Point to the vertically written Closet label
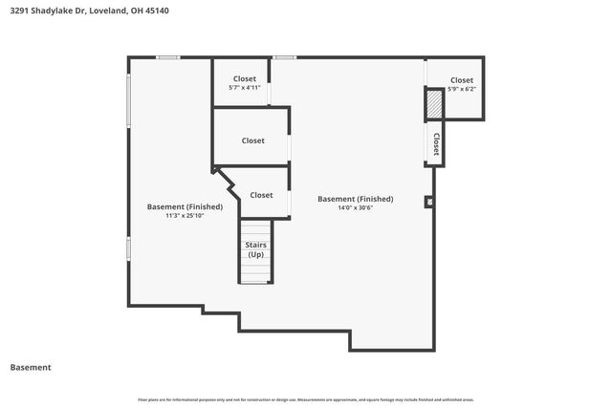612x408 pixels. [436, 144]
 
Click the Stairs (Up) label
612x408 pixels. [256, 249]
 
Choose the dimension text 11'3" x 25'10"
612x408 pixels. [185, 216]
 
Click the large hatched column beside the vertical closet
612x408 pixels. [434, 103]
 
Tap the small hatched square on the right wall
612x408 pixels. [428, 202]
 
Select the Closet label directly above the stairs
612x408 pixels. [261, 195]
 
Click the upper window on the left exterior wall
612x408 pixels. [129, 101]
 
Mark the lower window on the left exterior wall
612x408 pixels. [129, 248]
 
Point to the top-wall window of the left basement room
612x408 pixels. [168, 57]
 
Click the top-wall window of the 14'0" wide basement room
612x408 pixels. [284, 57]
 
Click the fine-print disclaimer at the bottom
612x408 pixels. [306, 399]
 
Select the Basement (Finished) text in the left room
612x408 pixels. [185, 206]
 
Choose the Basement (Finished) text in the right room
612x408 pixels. [356, 199]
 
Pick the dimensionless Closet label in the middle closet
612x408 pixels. [252, 140]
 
